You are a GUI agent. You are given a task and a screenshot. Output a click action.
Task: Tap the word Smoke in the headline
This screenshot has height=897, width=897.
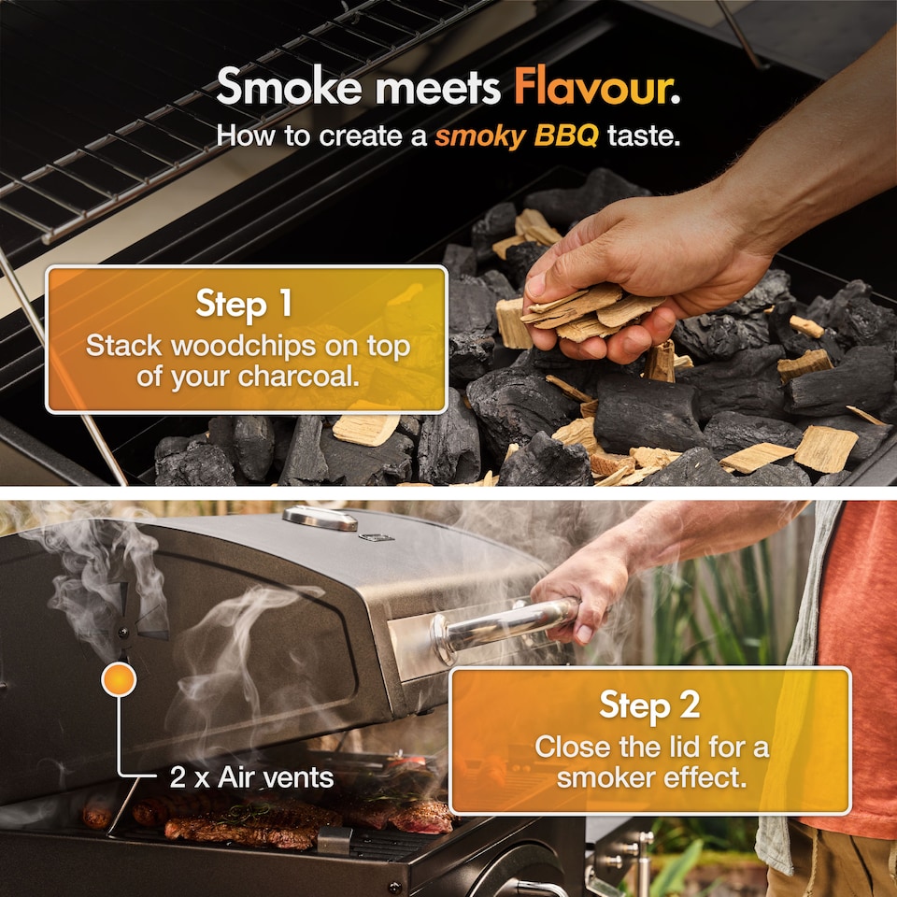coord(289,86)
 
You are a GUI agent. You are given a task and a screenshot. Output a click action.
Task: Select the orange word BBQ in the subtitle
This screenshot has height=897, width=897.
coord(566,135)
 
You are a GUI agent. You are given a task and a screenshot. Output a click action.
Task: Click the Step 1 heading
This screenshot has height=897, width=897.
coord(244,303)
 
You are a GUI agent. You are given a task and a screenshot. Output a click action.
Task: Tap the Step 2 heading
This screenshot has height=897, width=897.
coord(649,705)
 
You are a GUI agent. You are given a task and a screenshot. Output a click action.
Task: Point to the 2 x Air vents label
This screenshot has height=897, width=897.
coord(251,777)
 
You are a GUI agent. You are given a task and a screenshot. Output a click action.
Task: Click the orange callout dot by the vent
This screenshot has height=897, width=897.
coord(119,679)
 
